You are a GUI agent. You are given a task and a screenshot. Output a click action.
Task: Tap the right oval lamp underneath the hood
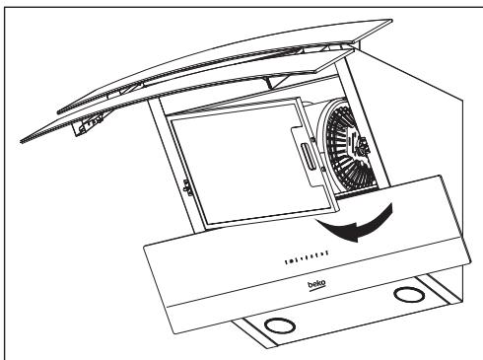(404, 294)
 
